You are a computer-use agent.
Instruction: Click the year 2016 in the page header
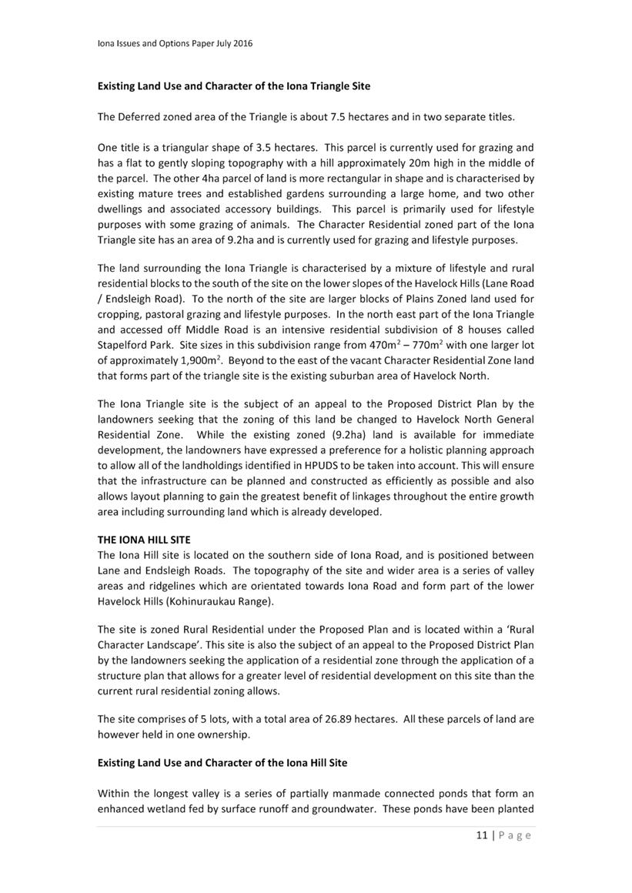pyautogui.click(x=242, y=44)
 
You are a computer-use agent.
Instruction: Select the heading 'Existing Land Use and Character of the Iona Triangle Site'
pyautogui.click(x=233, y=86)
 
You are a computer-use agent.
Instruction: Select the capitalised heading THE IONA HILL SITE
pyautogui.click(x=144, y=540)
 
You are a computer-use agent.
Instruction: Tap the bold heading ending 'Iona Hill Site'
pyautogui.click(x=222, y=763)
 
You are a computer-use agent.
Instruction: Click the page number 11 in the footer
pyautogui.click(x=481, y=836)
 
